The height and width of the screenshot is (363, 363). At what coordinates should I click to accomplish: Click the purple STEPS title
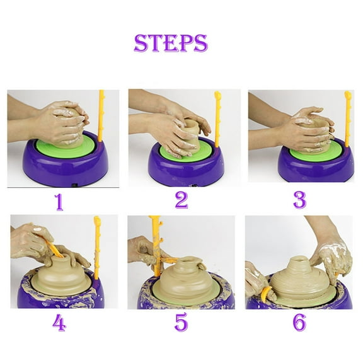[x=170, y=43]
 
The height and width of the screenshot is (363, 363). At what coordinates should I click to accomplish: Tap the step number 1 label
[x=59, y=202]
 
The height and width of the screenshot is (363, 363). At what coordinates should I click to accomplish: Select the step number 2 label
[x=181, y=200]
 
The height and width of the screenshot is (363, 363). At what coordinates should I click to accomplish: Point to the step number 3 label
[x=299, y=200]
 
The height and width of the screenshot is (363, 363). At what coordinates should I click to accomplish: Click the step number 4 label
[x=59, y=323]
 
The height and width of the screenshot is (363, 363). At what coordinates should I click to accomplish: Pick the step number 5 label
[x=181, y=323]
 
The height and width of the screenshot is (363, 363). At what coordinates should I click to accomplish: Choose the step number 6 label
[x=299, y=323]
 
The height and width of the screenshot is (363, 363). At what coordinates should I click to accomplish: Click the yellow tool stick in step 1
[x=100, y=117]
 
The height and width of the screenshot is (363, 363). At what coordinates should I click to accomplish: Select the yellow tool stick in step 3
[x=347, y=117]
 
